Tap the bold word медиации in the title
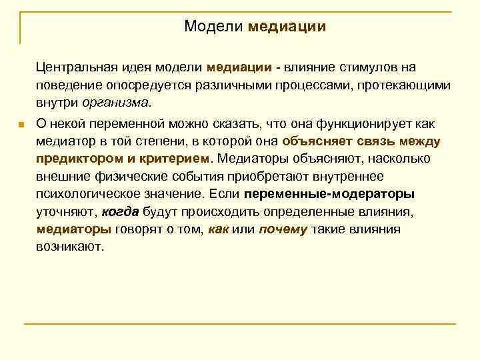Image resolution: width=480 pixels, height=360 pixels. tap(287, 27)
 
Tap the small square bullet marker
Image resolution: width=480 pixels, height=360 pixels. tap(22, 125)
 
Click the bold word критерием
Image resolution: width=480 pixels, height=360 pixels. tap(173, 159)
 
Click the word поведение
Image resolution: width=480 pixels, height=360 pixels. tap(65, 85)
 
